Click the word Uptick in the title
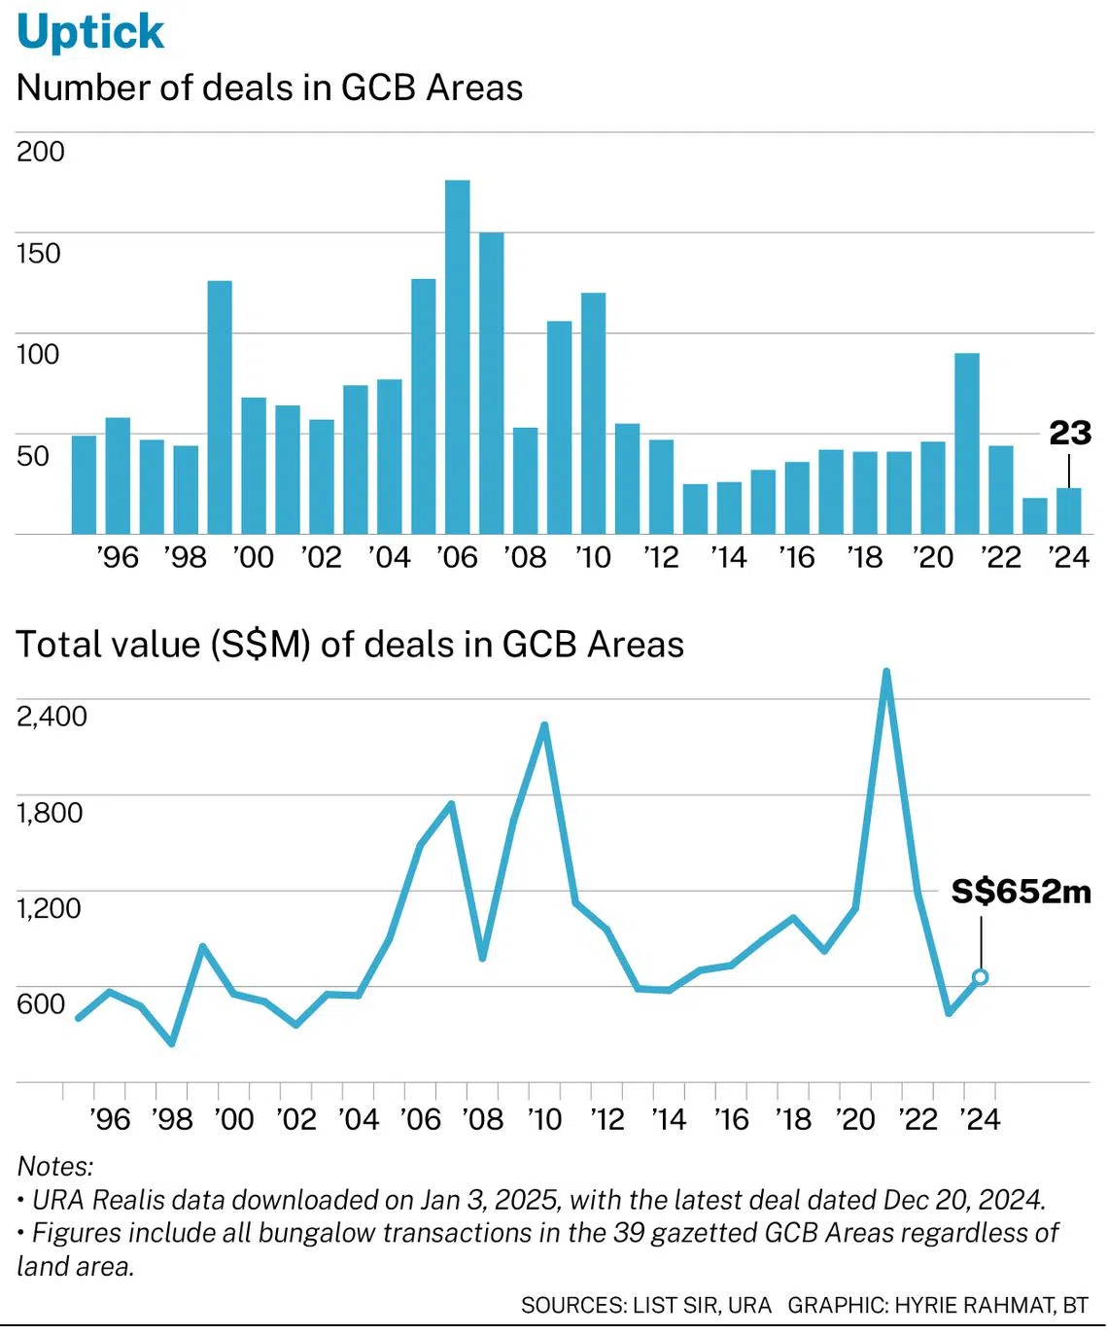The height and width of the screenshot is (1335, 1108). coord(90,32)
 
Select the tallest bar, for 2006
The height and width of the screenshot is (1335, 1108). coord(457,357)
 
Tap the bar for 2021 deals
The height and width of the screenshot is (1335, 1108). coord(967,443)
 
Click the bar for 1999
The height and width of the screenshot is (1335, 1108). coord(220,407)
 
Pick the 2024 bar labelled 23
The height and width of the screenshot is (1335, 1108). coord(1069,510)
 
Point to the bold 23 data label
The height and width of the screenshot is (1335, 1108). coord(1070,434)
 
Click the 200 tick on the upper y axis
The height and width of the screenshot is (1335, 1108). coord(40,153)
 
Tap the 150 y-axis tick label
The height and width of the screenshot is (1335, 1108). coord(38,253)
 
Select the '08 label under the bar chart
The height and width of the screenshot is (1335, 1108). coord(525,557)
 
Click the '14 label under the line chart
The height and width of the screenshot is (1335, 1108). coord(669,1119)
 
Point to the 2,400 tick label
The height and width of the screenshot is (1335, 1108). coord(52,716)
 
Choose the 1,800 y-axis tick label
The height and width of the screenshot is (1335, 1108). coord(50,813)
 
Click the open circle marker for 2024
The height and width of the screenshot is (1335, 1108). coord(981,977)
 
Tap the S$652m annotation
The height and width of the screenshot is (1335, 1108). coord(1021,892)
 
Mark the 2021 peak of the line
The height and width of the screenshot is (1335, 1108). coord(886,671)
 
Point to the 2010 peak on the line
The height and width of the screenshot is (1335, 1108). coord(544,725)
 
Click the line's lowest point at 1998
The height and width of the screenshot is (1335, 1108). coord(171,1043)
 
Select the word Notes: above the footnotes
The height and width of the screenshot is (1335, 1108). coord(55,1166)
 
